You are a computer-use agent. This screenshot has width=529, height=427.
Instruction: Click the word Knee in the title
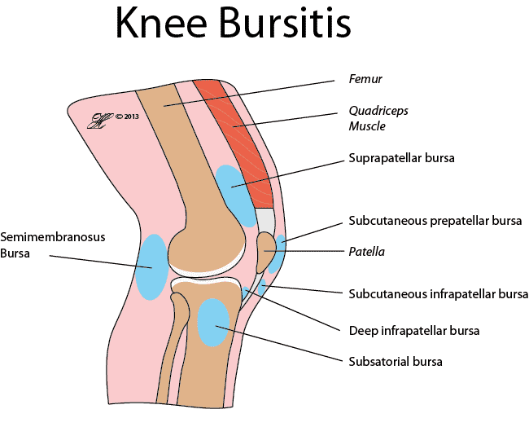(161, 22)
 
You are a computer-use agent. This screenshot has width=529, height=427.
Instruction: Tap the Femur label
(365, 79)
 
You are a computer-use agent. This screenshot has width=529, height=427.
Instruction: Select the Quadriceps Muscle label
(378, 118)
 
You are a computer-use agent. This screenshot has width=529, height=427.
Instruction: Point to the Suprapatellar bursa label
(401, 158)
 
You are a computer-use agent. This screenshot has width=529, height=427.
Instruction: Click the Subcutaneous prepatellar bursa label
(435, 221)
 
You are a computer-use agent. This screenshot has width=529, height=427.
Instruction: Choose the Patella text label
(367, 252)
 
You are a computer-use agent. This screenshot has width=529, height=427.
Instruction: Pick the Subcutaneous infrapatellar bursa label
(438, 294)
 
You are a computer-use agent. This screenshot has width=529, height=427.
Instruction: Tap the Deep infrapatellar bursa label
(414, 330)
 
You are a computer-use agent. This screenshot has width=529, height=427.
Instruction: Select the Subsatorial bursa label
(396, 362)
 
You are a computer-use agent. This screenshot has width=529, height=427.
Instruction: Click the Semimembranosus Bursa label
(53, 245)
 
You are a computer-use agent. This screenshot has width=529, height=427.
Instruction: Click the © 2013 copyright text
(127, 117)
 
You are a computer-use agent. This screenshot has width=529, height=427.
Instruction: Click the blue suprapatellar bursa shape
(235, 196)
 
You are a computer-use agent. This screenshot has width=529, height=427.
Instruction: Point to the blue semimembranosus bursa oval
(152, 267)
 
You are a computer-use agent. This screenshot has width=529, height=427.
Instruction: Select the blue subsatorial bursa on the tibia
(213, 322)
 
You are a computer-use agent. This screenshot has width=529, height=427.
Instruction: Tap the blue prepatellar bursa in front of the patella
(278, 253)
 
